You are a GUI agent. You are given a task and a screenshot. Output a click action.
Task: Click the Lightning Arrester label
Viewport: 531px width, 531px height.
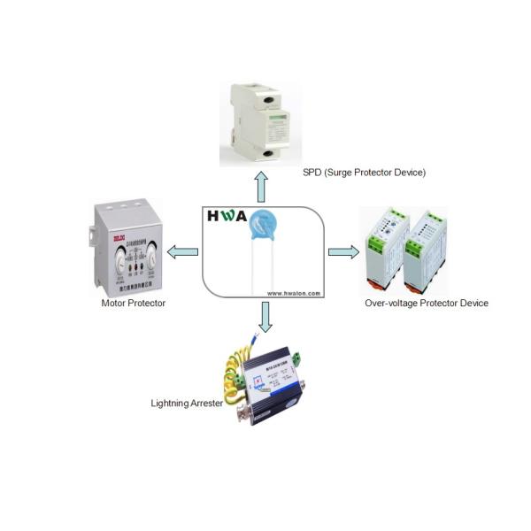point(187,404)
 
